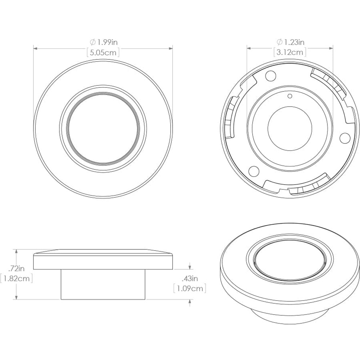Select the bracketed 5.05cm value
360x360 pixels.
(x=103, y=52)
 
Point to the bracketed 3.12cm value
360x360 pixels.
(x=290, y=52)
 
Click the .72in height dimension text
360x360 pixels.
(x=17, y=268)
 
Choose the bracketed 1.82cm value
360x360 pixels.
(x=17, y=278)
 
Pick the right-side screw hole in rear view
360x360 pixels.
(x=345, y=137)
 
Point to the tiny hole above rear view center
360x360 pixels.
(x=290, y=96)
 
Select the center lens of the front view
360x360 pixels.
(x=103, y=128)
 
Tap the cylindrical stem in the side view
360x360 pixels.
(x=103, y=284)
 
